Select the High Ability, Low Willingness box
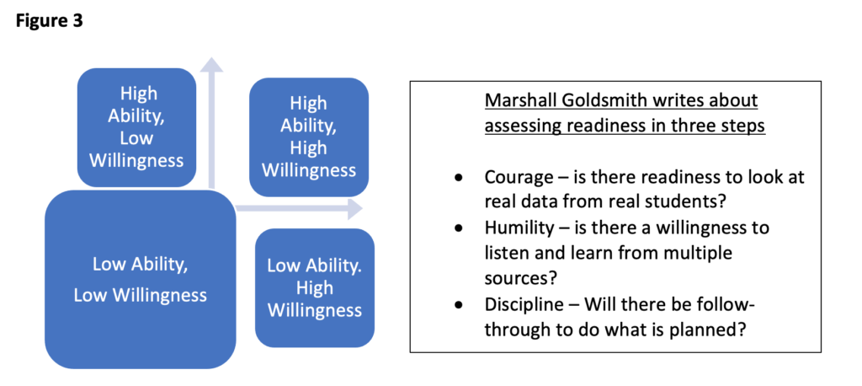(137, 126)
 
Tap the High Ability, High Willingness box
(309, 137)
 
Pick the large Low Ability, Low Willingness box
(140, 279)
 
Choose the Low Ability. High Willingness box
(315, 287)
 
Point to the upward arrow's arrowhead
(212, 66)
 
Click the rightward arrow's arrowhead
(354, 209)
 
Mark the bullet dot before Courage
(458, 179)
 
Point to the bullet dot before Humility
(458, 228)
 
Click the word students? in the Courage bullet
(665, 202)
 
